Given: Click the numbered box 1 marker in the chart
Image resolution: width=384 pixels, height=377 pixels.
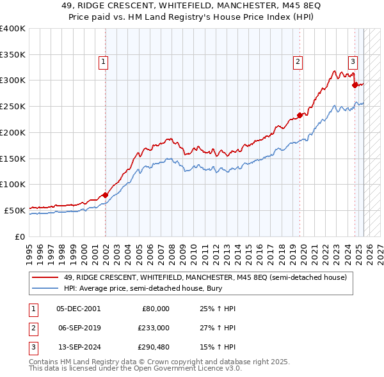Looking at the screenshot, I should point(103,62).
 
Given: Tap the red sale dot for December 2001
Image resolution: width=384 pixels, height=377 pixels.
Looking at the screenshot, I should point(106,195).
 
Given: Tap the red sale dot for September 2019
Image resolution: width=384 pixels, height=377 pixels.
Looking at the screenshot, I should point(300,116).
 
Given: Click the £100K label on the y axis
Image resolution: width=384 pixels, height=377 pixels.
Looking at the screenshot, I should point(13,184).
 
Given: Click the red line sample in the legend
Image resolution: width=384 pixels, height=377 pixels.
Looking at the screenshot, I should point(45,277).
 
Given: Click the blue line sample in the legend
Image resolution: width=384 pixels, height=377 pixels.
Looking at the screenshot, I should point(45,289).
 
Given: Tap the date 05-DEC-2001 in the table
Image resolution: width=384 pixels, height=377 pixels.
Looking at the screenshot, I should point(78,309).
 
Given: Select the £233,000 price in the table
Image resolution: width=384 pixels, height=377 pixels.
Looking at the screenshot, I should point(155,328).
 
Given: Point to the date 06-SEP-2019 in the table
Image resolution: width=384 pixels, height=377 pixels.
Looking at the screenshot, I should point(78,328).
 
